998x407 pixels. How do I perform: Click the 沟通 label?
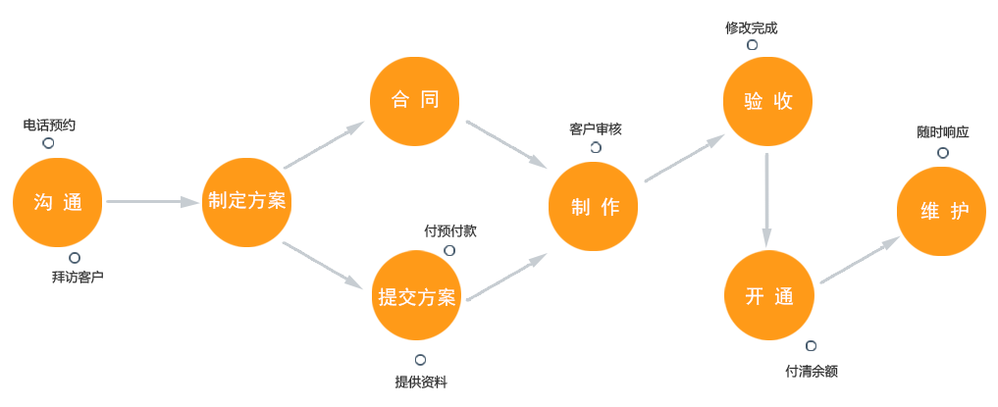click(x=58, y=203)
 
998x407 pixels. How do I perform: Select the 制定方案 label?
click(x=247, y=201)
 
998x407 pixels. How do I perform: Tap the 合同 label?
click(x=414, y=100)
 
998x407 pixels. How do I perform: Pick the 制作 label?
click(x=595, y=207)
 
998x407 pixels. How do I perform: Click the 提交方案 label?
click(x=417, y=298)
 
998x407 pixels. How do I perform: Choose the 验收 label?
click(x=767, y=101)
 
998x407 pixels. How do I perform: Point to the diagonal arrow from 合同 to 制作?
click(x=505, y=143)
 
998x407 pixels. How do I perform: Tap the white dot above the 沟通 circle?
click(x=48, y=143)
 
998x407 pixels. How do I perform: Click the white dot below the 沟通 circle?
click(x=75, y=258)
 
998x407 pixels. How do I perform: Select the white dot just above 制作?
click(x=596, y=148)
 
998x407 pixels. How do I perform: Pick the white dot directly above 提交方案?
click(x=449, y=251)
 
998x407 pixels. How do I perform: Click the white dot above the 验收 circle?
click(x=753, y=45)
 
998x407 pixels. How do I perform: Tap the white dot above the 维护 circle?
click(x=943, y=153)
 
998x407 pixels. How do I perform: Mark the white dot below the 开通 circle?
click(x=811, y=346)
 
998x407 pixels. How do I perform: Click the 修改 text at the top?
click(x=737, y=27)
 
